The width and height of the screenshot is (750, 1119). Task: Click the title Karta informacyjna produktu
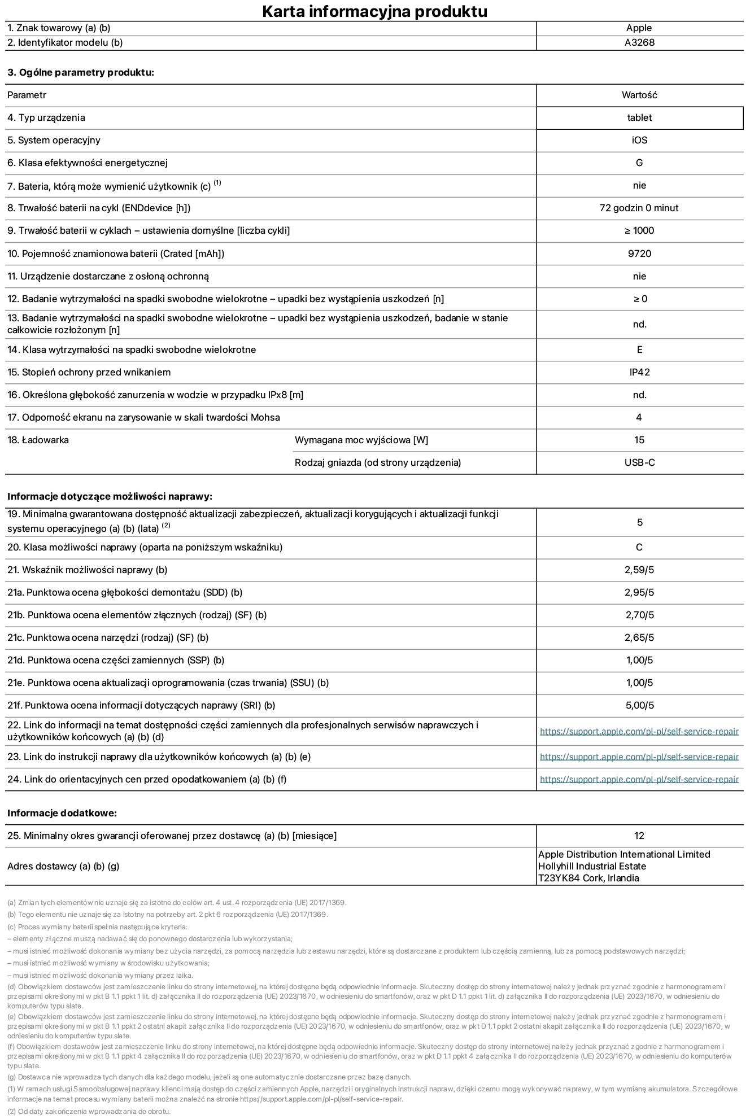(x=374, y=11)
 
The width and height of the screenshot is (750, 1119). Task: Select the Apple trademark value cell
(x=639, y=28)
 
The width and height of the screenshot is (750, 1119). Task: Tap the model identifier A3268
(x=639, y=42)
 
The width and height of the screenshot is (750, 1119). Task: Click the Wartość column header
(x=639, y=95)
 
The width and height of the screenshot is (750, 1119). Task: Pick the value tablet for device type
(x=639, y=117)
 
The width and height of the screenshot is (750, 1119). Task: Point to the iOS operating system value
(x=639, y=140)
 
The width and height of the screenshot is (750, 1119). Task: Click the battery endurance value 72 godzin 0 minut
(x=639, y=208)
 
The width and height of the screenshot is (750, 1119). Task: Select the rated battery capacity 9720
(x=639, y=253)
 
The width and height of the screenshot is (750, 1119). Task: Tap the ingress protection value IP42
(x=639, y=372)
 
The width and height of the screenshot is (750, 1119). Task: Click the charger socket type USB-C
(x=639, y=462)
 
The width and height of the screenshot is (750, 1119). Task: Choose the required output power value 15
(x=639, y=440)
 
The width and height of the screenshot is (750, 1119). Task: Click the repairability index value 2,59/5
(x=639, y=570)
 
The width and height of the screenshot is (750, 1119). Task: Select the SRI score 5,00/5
(x=639, y=705)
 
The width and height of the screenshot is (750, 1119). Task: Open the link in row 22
(x=639, y=731)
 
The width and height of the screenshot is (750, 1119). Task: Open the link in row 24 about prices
(x=639, y=779)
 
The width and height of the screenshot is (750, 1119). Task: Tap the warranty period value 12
(x=639, y=836)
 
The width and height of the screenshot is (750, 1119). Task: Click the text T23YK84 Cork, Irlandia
(x=588, y=878)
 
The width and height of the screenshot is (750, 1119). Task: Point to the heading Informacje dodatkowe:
(x=62, y=813)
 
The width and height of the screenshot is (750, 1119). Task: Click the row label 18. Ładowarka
(x=38, y=440)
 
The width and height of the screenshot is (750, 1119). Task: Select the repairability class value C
(x=639, y=547)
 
